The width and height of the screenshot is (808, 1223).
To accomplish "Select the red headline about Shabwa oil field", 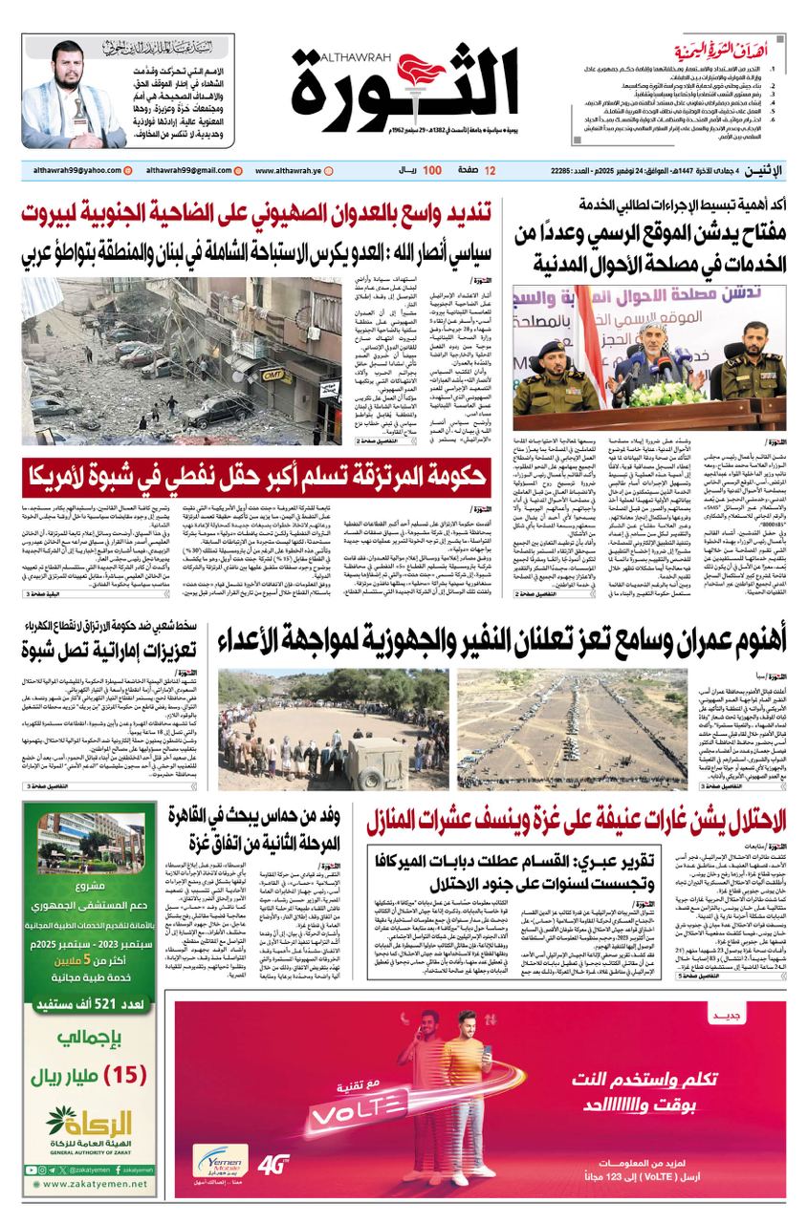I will click(x=257, y=472).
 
